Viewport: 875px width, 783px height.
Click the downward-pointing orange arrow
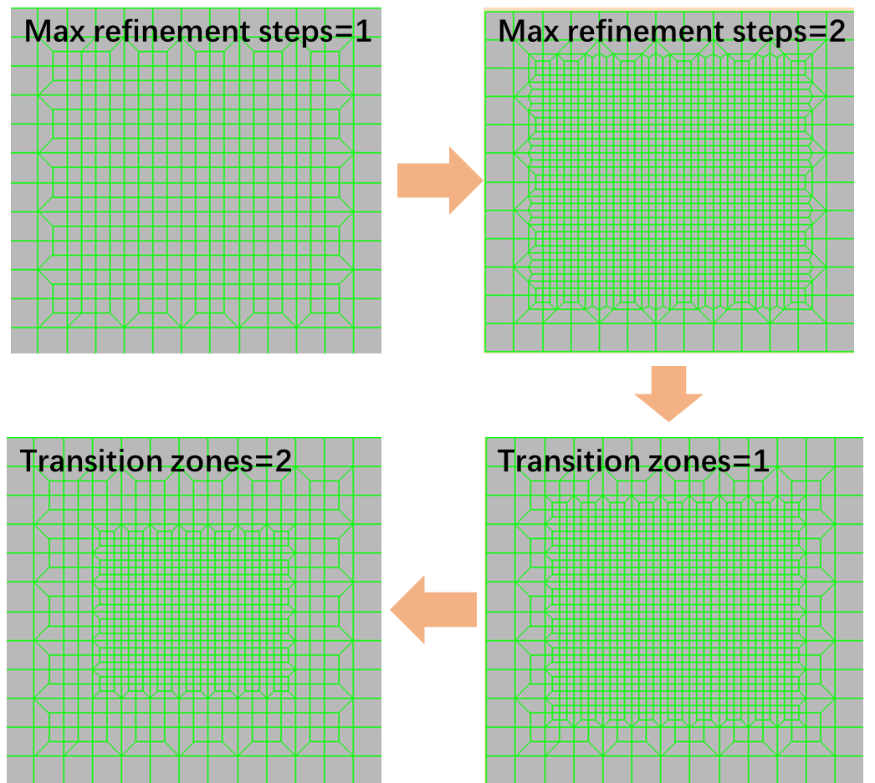pyautogui.click(x=668, y=394)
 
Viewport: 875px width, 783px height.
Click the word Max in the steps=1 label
pyautogui.click(x=54, y=31)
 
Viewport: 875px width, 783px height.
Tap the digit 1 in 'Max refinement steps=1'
pyautogui.click(x=363, y=32)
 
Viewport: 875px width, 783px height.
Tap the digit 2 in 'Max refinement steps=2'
pyautogui.click(x=837, y=32)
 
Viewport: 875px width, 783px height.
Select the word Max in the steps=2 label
pyautogui.click(x=528, y=31)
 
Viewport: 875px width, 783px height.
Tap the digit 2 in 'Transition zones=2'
pyautogui.click(x=283, y=461)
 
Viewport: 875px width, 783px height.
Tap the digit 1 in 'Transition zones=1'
pyautogui.click(x=761, y=461)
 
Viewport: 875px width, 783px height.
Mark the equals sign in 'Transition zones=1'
pyautogui.click(x=741, y=464)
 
